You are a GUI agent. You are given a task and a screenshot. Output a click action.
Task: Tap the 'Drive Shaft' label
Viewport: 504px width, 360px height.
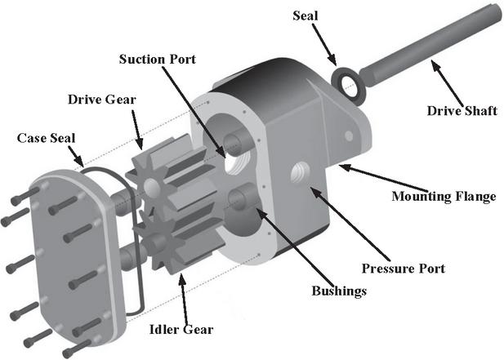[x=462, y=110]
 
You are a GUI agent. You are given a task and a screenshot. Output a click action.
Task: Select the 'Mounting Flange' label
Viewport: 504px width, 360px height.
[x=443, y=196]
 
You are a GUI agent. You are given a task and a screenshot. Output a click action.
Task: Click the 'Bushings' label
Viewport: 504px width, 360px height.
[x=338, y=291]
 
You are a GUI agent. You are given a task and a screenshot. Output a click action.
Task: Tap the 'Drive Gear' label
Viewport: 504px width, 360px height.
[x=100, y=99]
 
